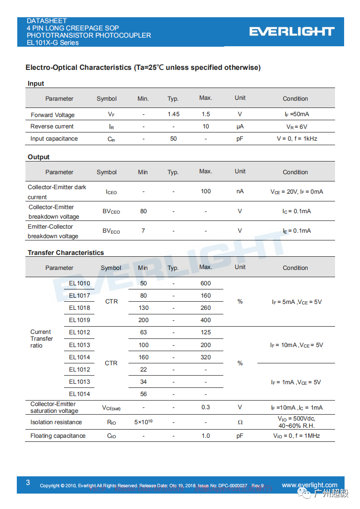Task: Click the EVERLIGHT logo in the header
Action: [292, 31]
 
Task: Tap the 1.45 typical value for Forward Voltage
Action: [173, 114]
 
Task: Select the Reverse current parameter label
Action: [52, 127]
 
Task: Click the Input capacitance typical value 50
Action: [173, 139]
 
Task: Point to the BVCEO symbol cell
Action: [111, 211]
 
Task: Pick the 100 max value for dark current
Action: [206, 191]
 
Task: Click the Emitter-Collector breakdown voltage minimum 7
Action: [143, 231]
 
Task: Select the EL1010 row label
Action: [79, 284]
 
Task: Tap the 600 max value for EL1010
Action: [206, 284]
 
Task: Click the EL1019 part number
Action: [79, 320]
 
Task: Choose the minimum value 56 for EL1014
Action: [143, 394]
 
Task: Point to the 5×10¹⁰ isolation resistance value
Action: [143, 422]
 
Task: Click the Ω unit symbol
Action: [240, 422]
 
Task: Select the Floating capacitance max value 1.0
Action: [206, 436]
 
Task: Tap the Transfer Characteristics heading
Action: [66, 253]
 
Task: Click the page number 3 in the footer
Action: [28, 483]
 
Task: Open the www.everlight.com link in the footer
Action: [310, 485]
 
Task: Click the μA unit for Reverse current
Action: [240, 127]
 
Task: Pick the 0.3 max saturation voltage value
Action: [206, 407]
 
